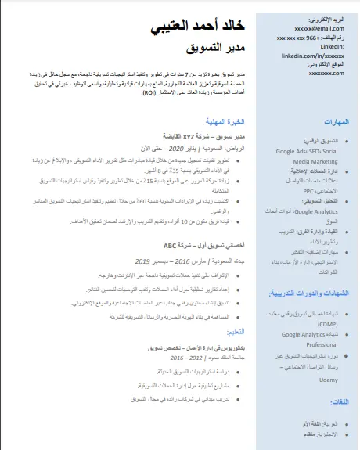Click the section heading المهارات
[336, 121]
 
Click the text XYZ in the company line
[189, 136]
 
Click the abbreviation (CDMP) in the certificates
[329, 323]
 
